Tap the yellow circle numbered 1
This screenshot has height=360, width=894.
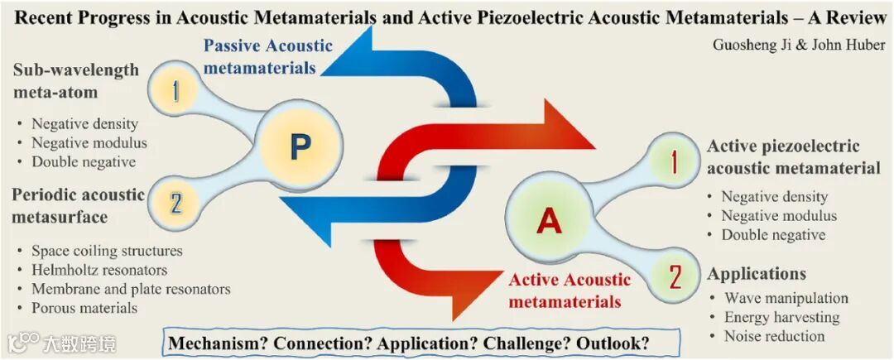click(x=175, y=90)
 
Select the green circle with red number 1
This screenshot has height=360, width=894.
click(x=672, y=163)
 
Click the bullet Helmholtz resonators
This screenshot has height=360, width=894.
click(x=99, y=270)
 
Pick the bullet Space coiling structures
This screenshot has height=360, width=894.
click(x=107, y=251)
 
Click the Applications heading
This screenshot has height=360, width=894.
click(x=757, y=274)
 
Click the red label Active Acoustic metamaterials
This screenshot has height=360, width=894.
click(x=570, y=290)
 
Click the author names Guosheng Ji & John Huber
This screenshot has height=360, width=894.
click(x=799, y=45)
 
